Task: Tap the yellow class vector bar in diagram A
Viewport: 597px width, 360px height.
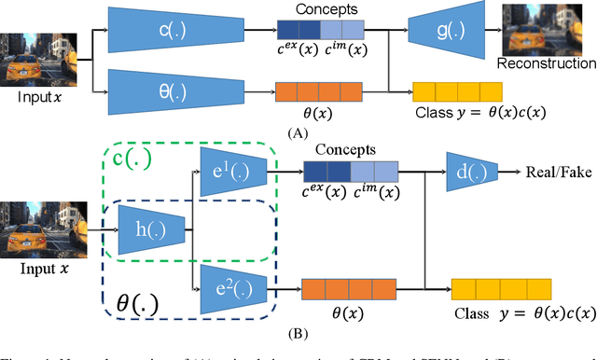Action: point(457,92)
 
